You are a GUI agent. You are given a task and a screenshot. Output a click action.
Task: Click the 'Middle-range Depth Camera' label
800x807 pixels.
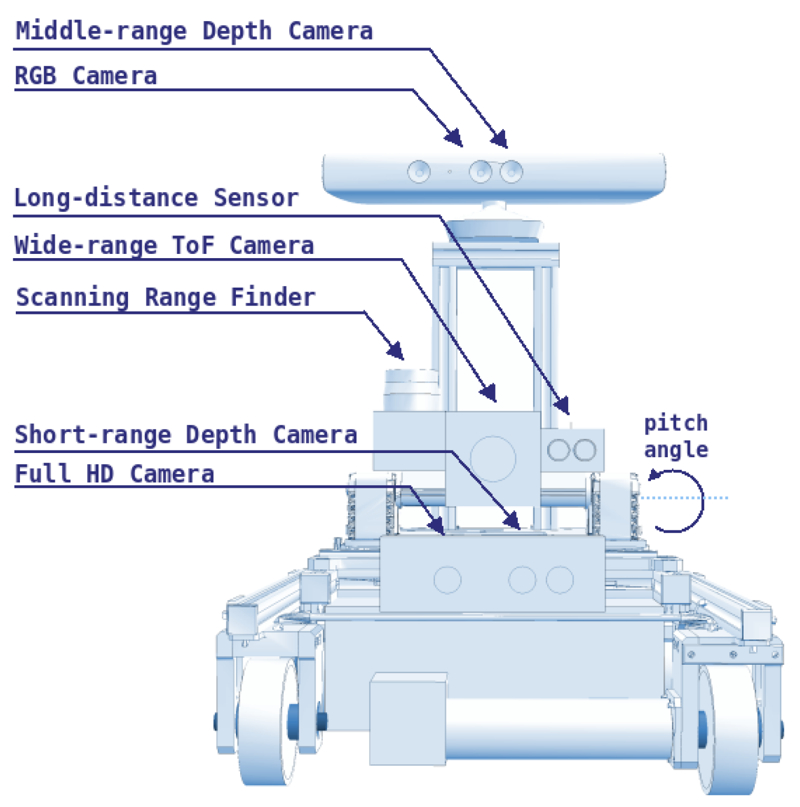point(194,31)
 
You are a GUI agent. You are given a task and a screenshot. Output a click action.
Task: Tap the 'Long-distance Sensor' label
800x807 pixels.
point(156,199)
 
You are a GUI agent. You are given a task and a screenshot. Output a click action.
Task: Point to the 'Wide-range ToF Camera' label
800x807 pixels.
point(164,246)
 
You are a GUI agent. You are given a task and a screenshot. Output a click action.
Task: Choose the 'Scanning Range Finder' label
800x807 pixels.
point(166,298)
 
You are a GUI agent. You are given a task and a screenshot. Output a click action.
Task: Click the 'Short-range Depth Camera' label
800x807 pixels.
point(185,435)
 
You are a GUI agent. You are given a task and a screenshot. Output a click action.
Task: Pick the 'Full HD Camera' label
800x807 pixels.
point(114,474)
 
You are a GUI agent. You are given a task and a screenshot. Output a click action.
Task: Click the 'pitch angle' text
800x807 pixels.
point(676,436)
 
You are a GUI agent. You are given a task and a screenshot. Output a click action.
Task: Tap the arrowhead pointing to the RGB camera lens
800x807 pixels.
point(455,138)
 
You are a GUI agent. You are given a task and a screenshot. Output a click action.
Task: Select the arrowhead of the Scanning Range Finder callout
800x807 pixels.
point(397,351)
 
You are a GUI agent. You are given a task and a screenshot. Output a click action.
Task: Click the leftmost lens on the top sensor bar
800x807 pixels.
point(419,172)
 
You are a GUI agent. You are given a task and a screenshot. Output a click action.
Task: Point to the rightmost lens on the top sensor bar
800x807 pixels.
point(511,172)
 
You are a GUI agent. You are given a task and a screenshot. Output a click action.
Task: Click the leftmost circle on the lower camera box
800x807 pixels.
point(447,580)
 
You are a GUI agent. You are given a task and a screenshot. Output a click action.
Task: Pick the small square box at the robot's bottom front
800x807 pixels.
point(408,719)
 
